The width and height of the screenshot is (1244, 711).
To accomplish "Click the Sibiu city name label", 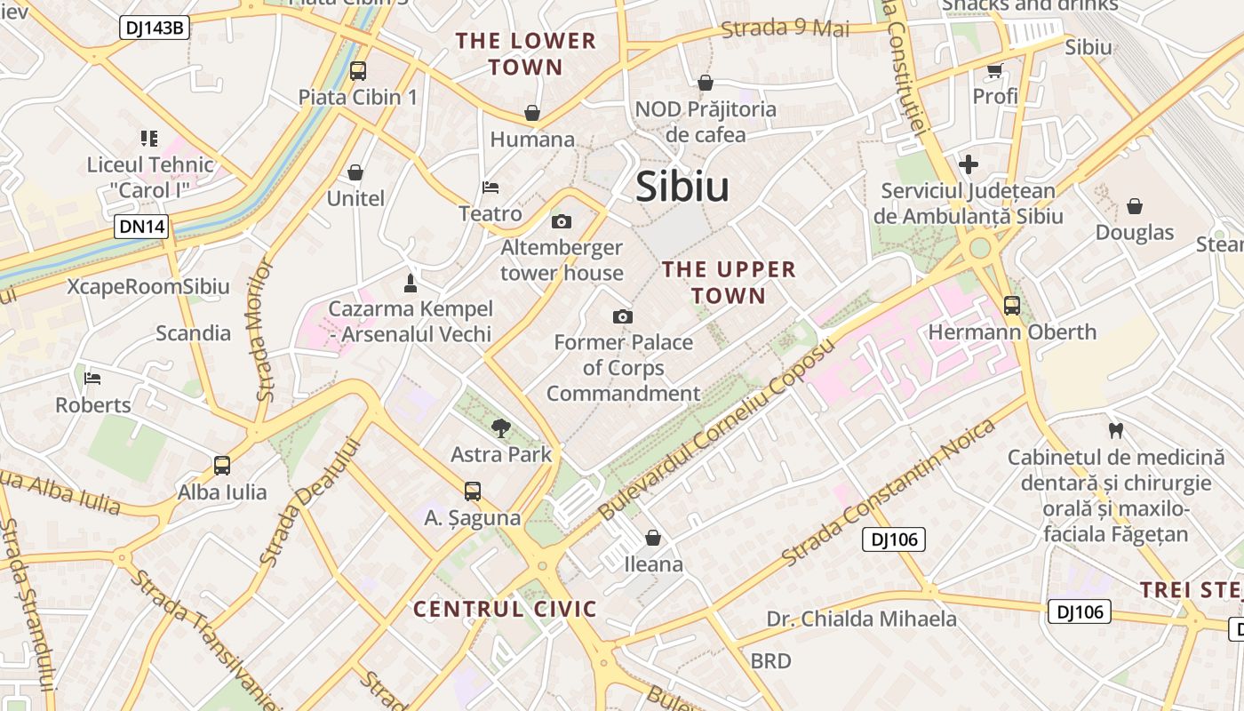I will point(682,187).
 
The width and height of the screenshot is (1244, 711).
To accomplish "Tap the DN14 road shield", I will point(142,227).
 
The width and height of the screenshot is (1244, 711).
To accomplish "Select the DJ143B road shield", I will point(155,28).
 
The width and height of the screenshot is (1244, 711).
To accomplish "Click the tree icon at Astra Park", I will point(501,428).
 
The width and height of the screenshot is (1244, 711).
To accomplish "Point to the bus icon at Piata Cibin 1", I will point(358,71).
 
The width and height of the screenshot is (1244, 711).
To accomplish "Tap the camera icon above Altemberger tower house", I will point(562,221).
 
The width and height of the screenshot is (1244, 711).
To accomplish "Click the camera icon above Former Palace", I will point(623,316).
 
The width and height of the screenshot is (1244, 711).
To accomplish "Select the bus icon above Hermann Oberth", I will point(1012,306).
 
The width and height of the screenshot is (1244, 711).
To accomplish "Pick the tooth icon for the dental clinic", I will point(1116,431).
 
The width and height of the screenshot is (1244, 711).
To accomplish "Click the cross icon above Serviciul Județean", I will point(969,164).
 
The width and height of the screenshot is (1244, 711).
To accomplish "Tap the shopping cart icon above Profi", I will point(994,70).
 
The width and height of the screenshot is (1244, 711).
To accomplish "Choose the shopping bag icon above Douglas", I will point(1135,207).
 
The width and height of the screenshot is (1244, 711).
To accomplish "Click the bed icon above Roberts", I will point(92,379).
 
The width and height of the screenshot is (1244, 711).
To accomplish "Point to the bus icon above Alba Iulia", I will point(222,465).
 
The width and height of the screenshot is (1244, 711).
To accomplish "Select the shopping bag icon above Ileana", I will point(653,538).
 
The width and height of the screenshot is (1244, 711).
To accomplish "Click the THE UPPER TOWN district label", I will point(729,282).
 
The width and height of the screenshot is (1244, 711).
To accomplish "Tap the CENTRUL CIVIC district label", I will point(505,609).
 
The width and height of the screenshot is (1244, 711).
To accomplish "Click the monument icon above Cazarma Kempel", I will point(410,283).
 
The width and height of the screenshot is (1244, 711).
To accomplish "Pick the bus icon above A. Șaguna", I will point(473,491).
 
